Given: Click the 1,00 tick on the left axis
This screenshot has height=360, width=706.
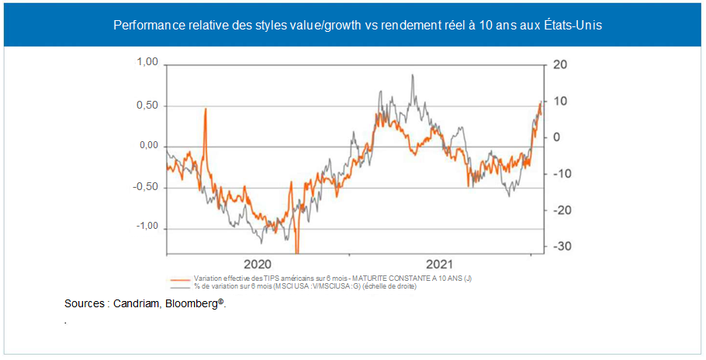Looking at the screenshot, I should pyautogui.click(x=147, y=62).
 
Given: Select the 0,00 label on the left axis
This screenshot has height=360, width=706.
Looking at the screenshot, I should pyautogui.click(x=147, y=145).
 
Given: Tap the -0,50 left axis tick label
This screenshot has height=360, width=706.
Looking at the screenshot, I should pyautogui.click(x=146, y=186).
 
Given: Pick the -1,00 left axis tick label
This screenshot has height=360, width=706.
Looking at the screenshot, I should pyautogui.click(x=146, y=227).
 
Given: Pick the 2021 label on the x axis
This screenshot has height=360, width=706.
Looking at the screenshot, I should pyautogui.click(x=441, y=263).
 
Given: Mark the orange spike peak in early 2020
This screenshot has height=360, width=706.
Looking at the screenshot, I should pyautogui.click(x=206, y=109).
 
